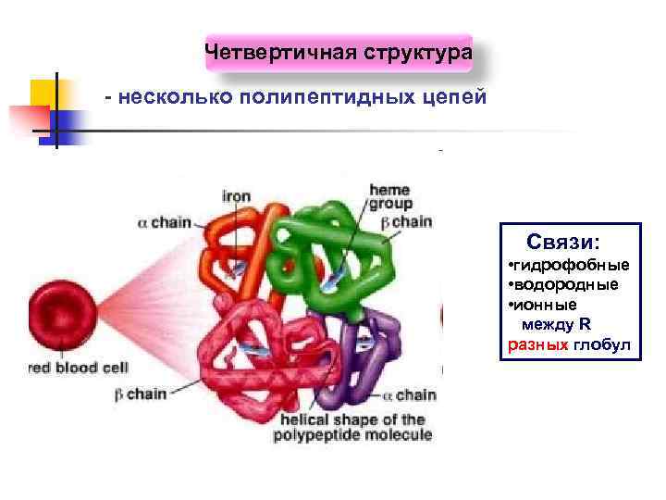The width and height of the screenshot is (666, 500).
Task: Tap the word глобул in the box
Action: tap(601, 344)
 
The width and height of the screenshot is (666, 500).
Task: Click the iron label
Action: tap(236, 195)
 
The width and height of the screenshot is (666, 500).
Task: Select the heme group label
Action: tap(389, 195)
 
